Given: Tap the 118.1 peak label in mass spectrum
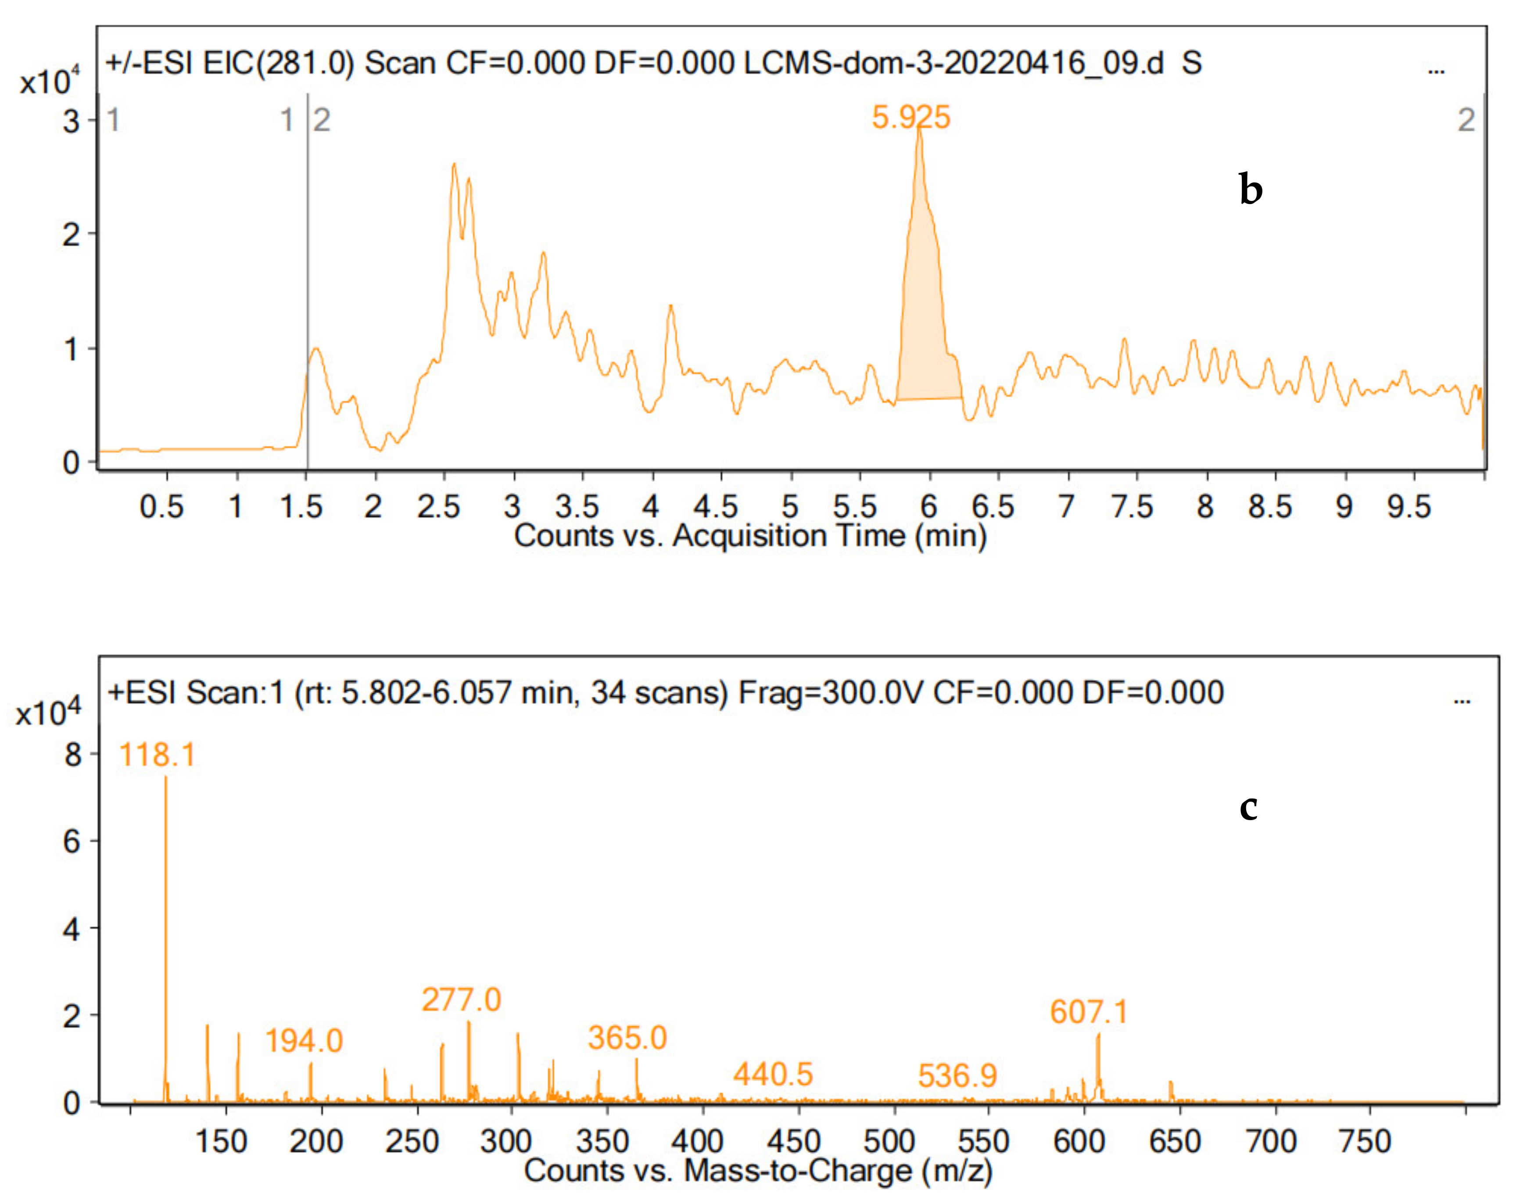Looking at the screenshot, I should click(x=157, y=755).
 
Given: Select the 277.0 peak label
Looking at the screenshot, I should click(x=461, y=1000).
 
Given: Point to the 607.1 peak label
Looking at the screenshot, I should click(x=1089, y=1012).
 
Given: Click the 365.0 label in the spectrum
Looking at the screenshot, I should click(x=627, y=1038).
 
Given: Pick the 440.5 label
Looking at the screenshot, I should click(x=773, y=1074).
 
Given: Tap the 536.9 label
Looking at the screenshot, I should click(x=957, y=1076).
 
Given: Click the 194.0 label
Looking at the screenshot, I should click(x=303, y=1041).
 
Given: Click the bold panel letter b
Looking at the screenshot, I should click(x=1251, y=190).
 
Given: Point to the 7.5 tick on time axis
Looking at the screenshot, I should click(x=1132, y=506).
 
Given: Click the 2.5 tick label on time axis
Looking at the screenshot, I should click(x=438, y=506).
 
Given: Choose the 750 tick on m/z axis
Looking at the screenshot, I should click(x=1364, y=1141).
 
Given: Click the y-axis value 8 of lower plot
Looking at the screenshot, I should click(x=72, y=755).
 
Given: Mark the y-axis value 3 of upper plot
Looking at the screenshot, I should click(x=71, y=121).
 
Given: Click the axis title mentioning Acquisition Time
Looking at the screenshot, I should click(x=749, y=536).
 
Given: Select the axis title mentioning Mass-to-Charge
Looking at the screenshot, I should click(x=758, y=1171).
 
